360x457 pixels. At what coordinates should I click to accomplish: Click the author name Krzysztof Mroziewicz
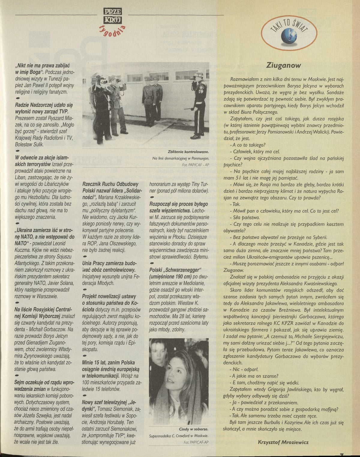pyautogui.click(x=283, y=442)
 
